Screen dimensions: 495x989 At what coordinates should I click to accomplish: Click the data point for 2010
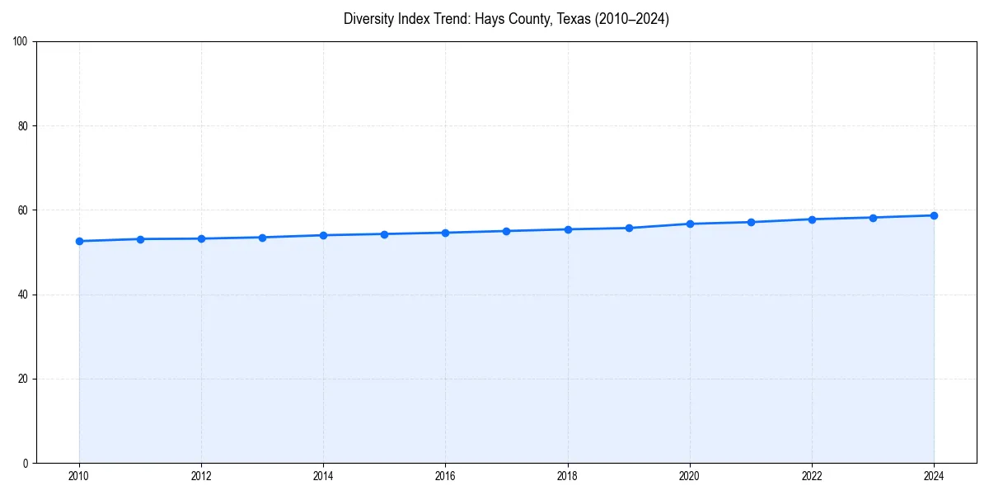tap(79, 241)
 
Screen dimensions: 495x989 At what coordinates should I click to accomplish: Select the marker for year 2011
tap(140, 239)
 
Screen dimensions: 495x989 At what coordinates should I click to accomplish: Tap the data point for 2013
tap(262, 238)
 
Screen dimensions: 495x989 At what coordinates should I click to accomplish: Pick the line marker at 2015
tap(384, 234)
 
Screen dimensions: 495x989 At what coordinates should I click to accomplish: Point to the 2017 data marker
tap(506, 231)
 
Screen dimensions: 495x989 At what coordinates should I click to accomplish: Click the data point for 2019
tap(629, 228)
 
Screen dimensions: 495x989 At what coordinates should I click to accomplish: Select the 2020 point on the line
tap(690, 224)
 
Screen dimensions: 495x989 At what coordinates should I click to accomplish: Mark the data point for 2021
tap(751, 222)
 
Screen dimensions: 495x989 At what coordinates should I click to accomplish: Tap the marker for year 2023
tap(873, 218)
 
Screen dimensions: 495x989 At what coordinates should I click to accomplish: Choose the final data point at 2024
tap(934, 215)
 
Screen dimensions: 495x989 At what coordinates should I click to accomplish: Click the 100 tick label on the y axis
tap(21, 42)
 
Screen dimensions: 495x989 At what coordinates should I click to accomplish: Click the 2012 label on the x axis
tap(201, 476)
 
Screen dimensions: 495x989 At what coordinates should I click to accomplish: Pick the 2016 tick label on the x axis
tap(445, 476)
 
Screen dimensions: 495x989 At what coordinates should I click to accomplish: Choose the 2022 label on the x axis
tap(812, 476)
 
